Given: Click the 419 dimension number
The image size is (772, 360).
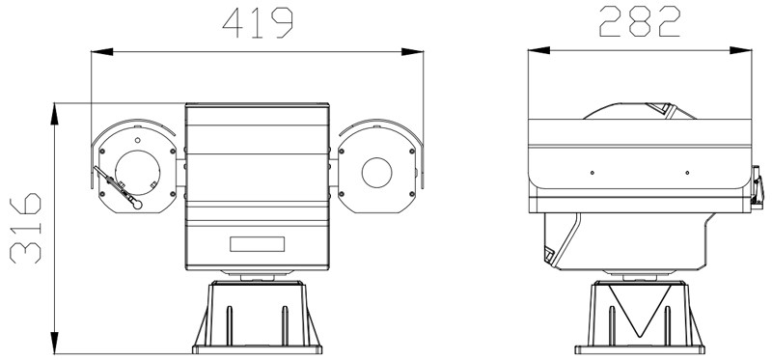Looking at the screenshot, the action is pos(258,23).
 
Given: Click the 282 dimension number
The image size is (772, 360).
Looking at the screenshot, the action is pos(640,21).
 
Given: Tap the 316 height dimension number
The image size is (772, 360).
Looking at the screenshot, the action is pos(26,229).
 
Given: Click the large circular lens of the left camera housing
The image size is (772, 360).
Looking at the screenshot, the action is pos(137,173).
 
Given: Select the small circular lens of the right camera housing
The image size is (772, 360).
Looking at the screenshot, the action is pos(376,173).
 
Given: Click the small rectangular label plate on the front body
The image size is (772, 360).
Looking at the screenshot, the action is pos(257,244).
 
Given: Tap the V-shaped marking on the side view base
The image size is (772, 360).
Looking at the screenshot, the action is pos(640,311).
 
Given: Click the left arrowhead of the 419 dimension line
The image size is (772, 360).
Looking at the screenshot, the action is pos(102,52).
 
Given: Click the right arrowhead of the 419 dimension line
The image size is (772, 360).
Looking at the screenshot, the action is pos(413,52).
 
